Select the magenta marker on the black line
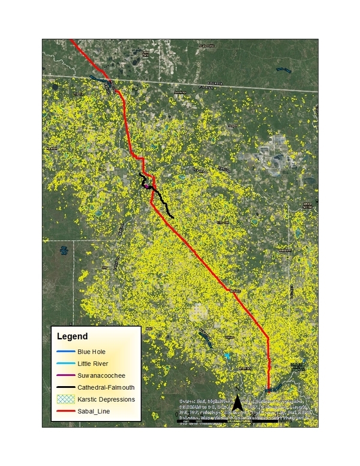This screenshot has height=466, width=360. [146, 186]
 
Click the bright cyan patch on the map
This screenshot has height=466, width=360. [227, 357]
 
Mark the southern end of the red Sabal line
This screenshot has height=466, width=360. [268, 390]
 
